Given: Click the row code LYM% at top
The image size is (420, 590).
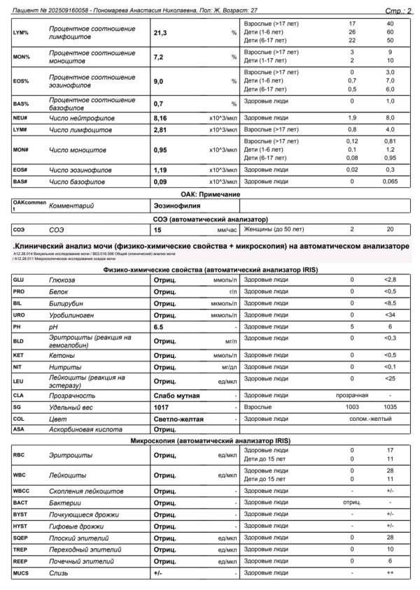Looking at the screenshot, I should tap(21, 33).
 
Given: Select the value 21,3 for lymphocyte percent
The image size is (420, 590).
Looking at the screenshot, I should tap(162, 33).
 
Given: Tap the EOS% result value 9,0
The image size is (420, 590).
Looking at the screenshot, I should tap(160, 81).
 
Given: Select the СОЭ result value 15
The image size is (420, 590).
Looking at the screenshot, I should tap(158, 229).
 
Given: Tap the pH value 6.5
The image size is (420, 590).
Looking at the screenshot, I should tap(160, 326).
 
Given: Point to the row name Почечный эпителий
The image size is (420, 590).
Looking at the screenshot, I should tap(79, 561).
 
